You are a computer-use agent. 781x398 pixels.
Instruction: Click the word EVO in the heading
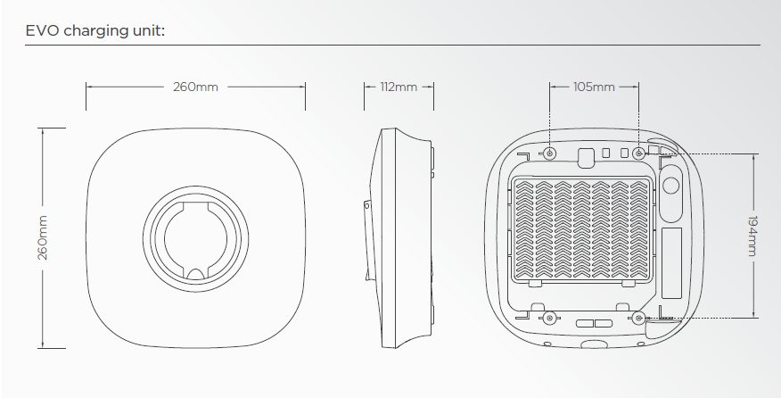42,31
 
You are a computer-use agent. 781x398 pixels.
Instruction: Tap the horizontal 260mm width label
195,87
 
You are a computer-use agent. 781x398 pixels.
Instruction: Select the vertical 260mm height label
43,238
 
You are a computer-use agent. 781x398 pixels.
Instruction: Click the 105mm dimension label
594,87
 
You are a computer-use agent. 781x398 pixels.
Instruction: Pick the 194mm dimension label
752,236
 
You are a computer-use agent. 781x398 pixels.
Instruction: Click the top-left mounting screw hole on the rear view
549,153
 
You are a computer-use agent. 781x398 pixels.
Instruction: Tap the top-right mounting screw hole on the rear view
639,153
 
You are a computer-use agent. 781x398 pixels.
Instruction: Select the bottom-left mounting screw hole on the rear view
549,317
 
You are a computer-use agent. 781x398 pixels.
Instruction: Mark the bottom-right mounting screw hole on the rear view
639,317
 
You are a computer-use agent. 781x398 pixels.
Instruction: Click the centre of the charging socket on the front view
195,238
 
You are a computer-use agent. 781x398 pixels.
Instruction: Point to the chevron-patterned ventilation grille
581,229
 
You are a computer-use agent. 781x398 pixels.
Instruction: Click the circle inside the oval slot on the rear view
671,186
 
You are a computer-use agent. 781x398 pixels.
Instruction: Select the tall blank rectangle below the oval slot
671,263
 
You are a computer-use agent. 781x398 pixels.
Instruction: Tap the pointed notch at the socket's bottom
195,272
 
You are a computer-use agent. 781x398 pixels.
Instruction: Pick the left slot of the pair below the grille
585,324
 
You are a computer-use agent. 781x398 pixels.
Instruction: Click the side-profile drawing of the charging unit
399,238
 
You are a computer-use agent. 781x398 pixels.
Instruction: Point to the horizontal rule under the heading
392,46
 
